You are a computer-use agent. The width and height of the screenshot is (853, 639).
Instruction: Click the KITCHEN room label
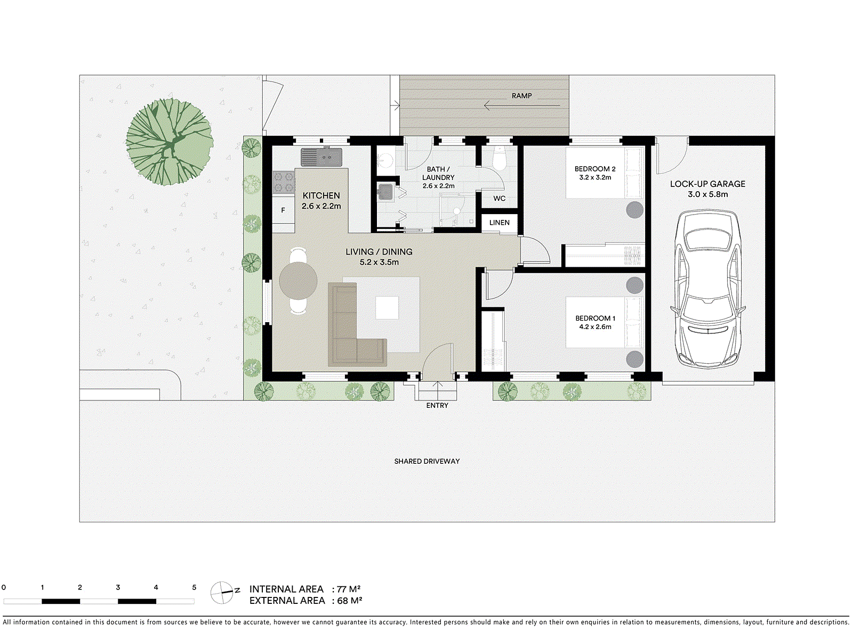[321, 195]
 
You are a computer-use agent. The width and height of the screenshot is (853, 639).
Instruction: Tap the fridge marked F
[283, 210]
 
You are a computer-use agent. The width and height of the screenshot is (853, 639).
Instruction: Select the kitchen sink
[321, 157]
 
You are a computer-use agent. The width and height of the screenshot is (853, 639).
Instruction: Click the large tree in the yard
[170, 142]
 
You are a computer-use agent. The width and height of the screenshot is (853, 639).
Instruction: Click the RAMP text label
[521, 96]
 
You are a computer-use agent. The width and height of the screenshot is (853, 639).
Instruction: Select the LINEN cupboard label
[499, 223]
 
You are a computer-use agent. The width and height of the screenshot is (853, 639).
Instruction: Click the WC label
[499, 198]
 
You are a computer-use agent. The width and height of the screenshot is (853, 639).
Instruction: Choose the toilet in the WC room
[500, 159]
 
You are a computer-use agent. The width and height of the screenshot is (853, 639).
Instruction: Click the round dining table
[298, 281]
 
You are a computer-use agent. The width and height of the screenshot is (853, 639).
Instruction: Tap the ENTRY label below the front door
[437, 405]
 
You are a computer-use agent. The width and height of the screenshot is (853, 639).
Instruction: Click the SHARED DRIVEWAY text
[426, 461]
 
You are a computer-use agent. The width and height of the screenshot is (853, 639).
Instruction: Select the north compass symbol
[223, 592]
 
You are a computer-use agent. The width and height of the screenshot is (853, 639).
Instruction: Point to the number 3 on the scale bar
[118, 587]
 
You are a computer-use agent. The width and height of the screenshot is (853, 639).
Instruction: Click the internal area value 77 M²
[349, 589]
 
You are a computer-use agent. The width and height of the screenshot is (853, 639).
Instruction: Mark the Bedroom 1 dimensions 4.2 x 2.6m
[595, 327]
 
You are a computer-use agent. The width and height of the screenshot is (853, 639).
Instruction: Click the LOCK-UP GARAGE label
[707, 184]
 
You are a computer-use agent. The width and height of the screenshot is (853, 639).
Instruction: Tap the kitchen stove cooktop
[284, 182]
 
